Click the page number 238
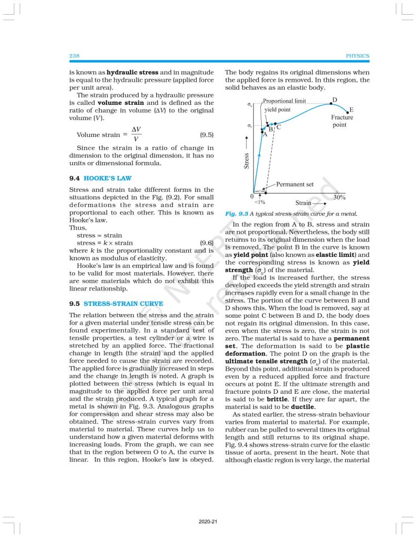pos(74,56)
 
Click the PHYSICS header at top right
pos(358,56)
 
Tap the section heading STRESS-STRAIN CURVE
pos(123,304)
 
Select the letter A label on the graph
pos(265,134)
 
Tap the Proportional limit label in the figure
pos(284,101)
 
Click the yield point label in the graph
pos(278,110)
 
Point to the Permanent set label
pos(295,185)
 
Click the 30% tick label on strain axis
pos(339,197)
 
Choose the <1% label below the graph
pos(260,201)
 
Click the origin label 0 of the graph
pos(252,197)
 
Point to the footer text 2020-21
pos(208,522)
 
